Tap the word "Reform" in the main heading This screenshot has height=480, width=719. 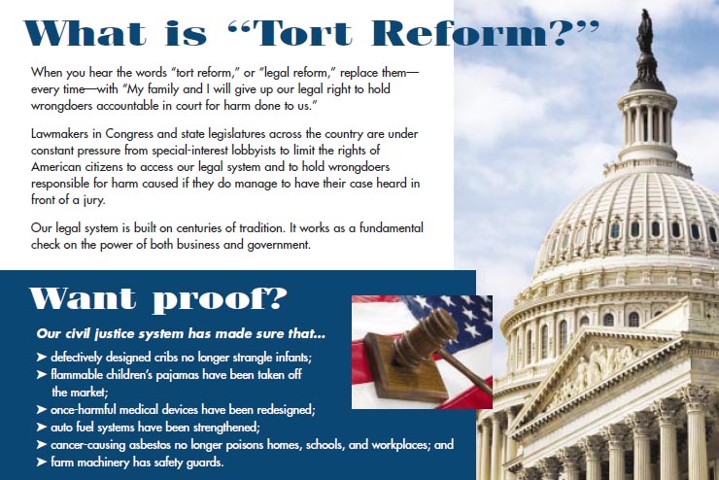tap(460, 34)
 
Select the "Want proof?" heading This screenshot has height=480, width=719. tap(158, 299)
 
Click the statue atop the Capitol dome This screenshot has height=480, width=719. tap(645, 31)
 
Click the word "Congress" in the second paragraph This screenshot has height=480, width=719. tap(129, 134)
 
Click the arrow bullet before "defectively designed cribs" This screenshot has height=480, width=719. tap(42, 358)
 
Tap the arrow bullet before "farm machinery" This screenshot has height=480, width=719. tap(42, 462)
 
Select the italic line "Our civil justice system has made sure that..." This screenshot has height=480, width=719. tap(181, 333)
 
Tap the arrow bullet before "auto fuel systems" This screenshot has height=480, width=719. tap(42, 428)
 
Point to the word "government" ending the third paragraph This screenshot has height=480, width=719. tap(279, 245)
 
